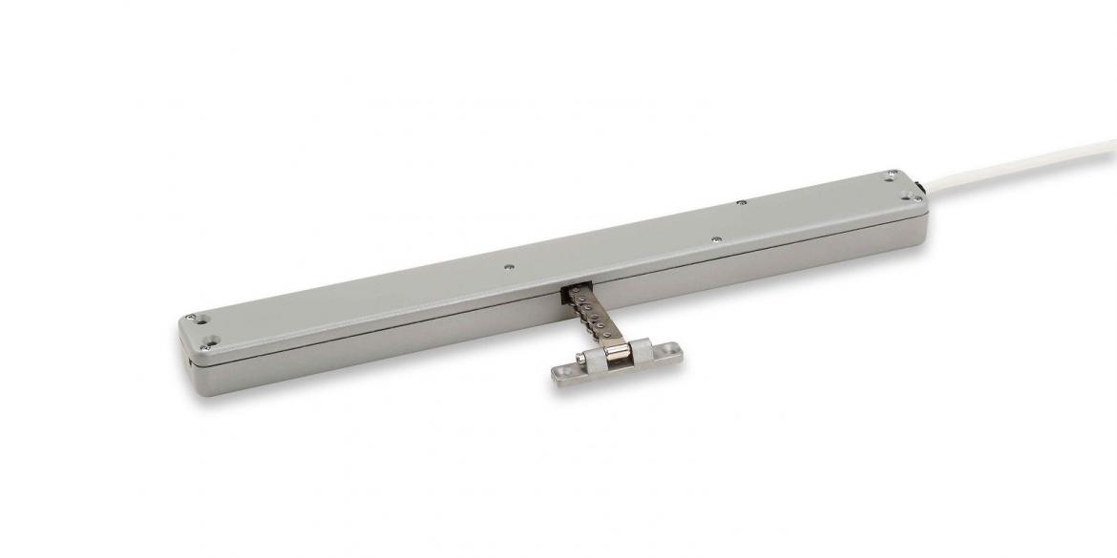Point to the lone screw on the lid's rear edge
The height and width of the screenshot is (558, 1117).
tap(741, 201)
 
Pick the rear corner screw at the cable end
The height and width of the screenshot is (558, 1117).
tap(890, 176)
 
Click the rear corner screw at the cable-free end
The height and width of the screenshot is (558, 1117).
tap(192, 317)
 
